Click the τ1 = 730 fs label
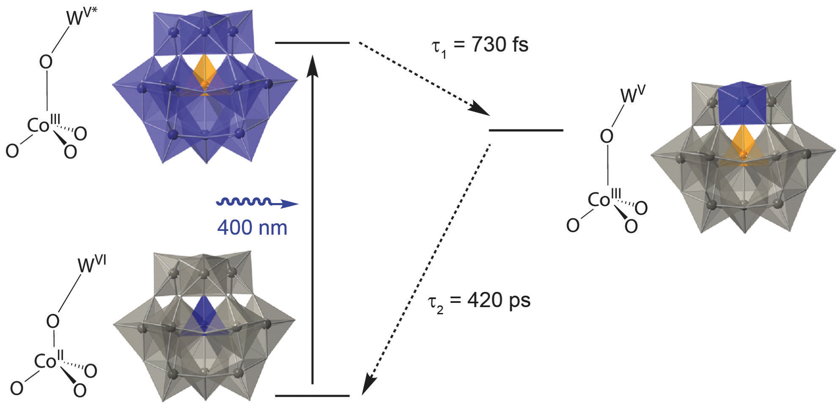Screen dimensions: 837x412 tap(480, 45)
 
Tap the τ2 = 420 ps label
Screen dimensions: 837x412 tap(479, 302)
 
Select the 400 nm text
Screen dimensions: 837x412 tap(252, 228)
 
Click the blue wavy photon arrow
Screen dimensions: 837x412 tap(257, 203)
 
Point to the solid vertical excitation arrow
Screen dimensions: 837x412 tap(312, 219)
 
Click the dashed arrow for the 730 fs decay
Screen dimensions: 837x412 tap(424, 79)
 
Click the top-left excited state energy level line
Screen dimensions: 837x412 tap(312, 43)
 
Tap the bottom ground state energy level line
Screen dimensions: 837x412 tap(312, 396)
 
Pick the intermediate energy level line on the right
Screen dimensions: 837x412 tap(526, 130)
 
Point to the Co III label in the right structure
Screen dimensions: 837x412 tap(604, 198)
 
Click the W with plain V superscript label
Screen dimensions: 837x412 tap(633, 94)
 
